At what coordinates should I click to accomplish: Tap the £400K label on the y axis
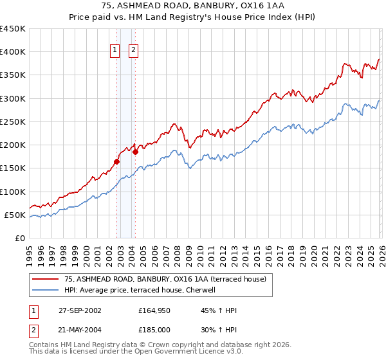pos(13,52)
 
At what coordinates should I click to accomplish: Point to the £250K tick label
pos(13,122)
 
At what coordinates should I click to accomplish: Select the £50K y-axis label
pos(15,215)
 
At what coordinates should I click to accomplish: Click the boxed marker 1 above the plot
pos(115,50)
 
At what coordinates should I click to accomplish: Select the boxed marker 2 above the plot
pos(133,50)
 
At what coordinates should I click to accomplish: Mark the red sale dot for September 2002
pos(116,161)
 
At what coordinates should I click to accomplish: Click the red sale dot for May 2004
pos(136,152)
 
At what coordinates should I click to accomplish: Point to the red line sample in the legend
pos(45,279)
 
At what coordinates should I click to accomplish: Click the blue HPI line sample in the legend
pos(45,290)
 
